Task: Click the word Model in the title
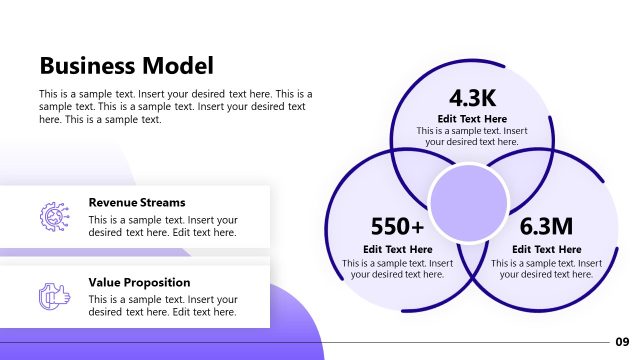click(181, 67)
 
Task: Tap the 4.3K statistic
click(471, 97)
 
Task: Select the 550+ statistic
click(397, 226)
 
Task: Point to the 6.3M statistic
click(546, 226)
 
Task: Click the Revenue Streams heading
click(137, 202)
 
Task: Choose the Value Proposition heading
click(139, 282)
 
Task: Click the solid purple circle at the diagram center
click(468, 197)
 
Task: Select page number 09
click(622, 341)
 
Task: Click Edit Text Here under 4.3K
click(472, 119)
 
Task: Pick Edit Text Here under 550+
click(398, 249)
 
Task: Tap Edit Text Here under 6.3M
click(547, 249)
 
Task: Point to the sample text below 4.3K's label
click(472, 136)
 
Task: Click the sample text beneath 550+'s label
click(398, 268)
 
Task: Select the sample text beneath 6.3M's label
click(547, 268)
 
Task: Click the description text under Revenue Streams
click(163, 226)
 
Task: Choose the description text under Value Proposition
click(163, 305)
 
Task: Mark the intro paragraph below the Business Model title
click(175, 106)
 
